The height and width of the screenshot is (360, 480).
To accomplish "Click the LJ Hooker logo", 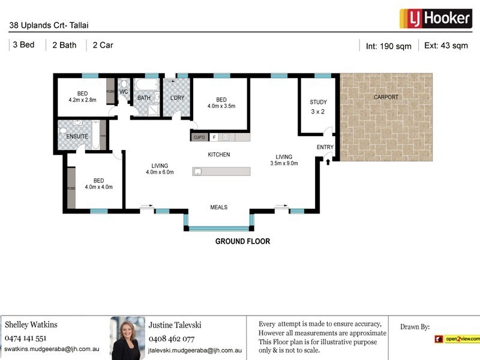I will click(434, 18).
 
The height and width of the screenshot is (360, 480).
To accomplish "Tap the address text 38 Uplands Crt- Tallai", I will click(49, 26).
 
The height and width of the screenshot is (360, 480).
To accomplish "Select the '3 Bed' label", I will click(23, 45).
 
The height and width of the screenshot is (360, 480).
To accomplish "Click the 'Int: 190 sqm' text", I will click(388, 46).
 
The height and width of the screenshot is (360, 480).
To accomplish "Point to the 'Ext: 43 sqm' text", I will click(446, 45).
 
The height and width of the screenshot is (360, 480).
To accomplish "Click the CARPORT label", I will click(386, 97).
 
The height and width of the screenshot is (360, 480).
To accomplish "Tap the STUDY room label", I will click(318, 102).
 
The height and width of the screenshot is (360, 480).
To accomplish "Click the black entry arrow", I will click(328, 158).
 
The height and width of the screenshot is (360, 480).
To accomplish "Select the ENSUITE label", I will click(77, 137).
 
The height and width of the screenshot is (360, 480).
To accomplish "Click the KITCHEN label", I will click(219, 155).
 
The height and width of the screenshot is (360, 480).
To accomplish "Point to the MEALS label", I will click(218, 208).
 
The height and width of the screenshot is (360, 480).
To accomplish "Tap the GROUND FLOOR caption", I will click(242, 242).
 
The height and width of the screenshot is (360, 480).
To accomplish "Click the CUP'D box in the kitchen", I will click(199, 137).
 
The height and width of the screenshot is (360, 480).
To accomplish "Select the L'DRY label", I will click(176, 98).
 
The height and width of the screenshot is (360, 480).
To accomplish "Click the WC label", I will click(124, 92).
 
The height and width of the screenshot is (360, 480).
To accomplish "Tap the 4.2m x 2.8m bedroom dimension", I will click(82, 100).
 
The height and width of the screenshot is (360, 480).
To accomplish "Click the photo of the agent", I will click(127, 338).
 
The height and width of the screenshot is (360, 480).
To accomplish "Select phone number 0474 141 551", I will click(25, 338).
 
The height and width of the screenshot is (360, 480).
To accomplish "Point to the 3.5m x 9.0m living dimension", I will click(284, 163).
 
